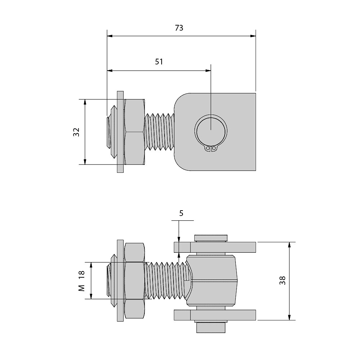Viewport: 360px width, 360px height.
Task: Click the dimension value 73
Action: (x=179, y=28)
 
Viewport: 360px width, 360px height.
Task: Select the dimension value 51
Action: (x=159, y=62)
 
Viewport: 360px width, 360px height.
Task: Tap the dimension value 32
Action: (x=76, y=132)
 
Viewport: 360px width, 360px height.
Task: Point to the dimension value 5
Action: (x=181, y=213)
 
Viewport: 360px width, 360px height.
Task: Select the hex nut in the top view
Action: (x=135, y=132)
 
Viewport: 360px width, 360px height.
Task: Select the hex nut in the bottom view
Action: (x=135, y=281)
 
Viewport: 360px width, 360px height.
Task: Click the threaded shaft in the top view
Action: (x=160, y=132)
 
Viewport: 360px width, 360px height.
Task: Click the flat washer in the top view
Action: (x=120, y=132)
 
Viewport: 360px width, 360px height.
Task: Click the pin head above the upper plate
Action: (x=211, y=238)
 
